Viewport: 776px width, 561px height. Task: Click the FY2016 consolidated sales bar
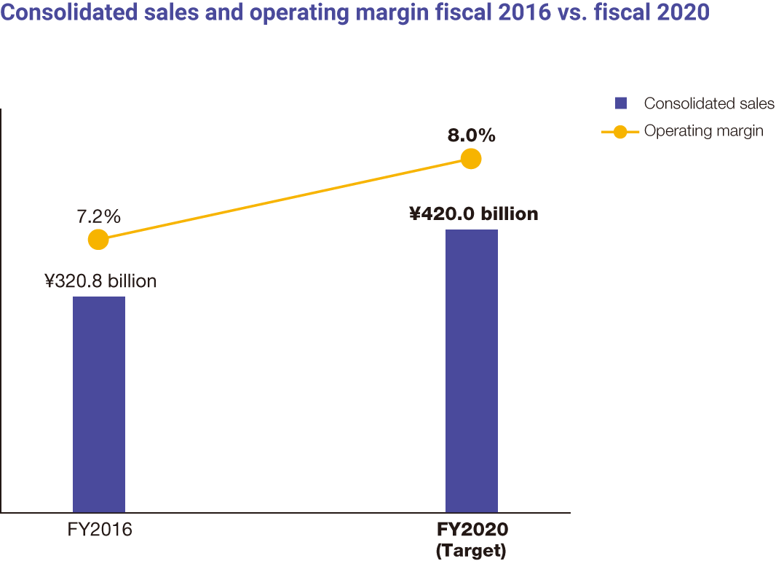99,404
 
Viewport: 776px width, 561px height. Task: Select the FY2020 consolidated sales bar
471,370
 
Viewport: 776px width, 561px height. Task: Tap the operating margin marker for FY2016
98,239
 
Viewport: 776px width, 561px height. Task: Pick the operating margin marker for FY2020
471,158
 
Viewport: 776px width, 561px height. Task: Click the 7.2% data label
98,216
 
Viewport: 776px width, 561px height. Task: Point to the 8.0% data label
472,135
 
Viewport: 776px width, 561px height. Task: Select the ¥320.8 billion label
100,281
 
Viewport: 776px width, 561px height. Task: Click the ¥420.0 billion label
473,213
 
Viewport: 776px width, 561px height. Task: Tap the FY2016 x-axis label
100,530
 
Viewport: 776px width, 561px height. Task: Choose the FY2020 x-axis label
472,530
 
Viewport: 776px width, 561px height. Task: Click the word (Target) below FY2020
471,550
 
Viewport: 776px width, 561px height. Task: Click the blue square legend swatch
621,103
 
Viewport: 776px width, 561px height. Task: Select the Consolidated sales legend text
709,103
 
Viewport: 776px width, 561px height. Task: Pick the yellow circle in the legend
620,132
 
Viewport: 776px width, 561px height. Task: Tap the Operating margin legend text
703,132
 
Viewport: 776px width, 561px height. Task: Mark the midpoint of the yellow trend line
285,199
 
